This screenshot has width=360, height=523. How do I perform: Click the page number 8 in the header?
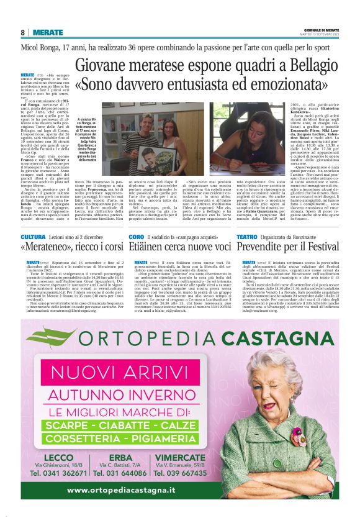23,32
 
